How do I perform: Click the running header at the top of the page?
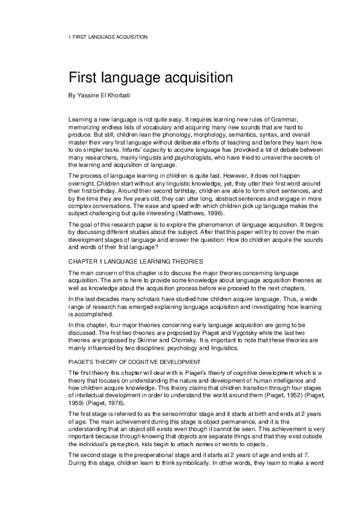click(x=108, y=37)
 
